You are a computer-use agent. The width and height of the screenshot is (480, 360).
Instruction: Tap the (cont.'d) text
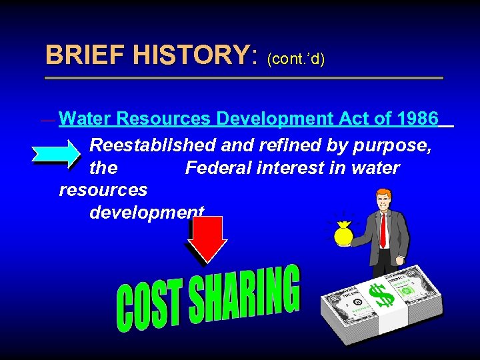pyautogui.click(x=295, y=59)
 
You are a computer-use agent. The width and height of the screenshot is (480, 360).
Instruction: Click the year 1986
pyautogui.click(x=417, y=119)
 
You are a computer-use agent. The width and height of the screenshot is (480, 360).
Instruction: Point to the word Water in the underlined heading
pyautogui.click(x=85, y=119)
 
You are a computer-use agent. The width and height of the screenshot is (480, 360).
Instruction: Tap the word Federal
pyautogui.click(x=223, y=167)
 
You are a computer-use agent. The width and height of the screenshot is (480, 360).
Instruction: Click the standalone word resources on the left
pyautogui.click(x=103, y=190)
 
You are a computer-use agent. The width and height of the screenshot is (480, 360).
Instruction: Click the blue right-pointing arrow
pyautogui.click(x=56, y=153)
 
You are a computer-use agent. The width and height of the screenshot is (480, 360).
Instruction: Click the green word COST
pyautogui.click(x=147, y=307)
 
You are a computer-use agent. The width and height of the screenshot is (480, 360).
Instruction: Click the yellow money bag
pyautogui.click(x=345, y=235)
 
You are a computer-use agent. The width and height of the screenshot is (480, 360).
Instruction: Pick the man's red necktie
pyautogui.click(x=383, y=229)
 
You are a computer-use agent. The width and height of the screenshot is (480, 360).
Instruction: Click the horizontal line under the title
pyautogui.click(x=244, y=78)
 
